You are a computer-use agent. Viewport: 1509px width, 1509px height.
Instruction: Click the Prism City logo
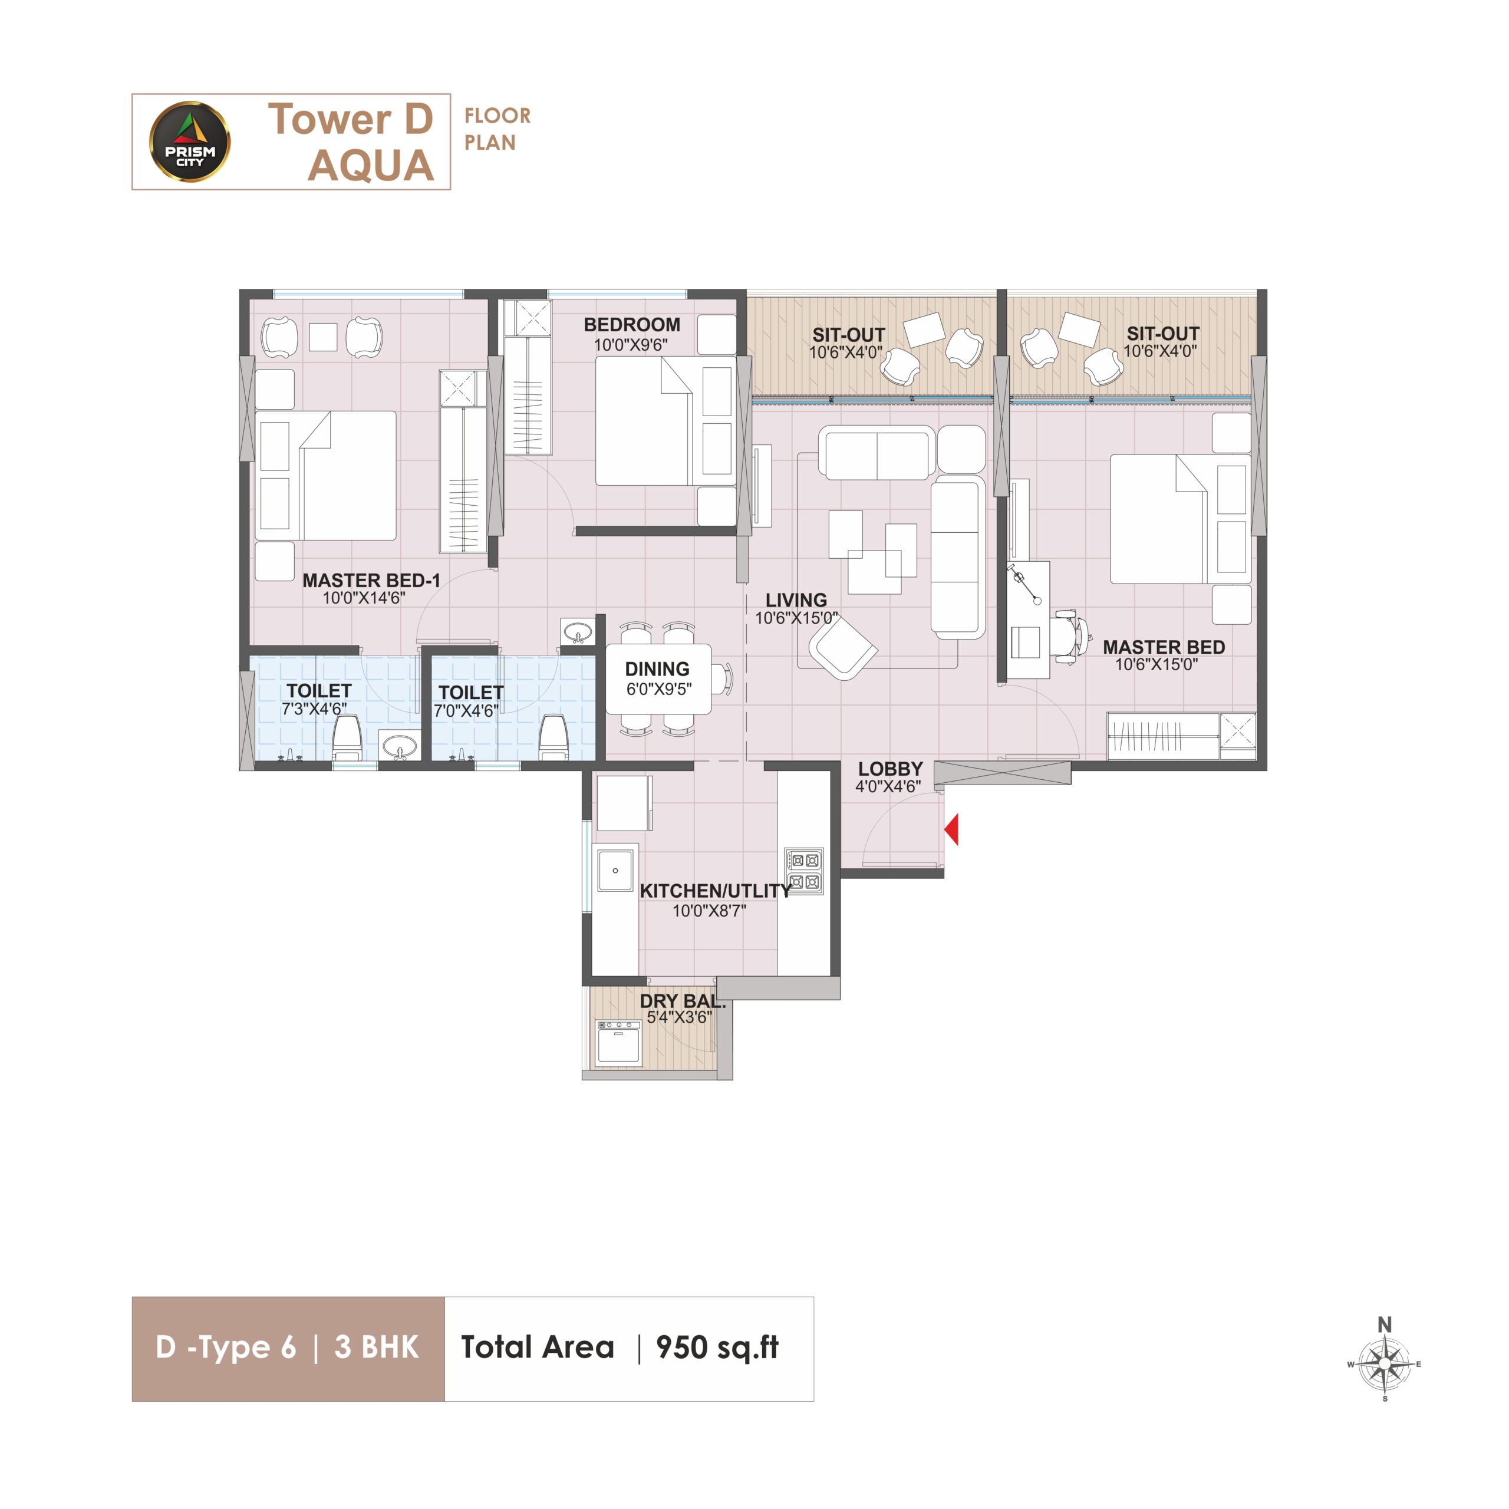[190, 142]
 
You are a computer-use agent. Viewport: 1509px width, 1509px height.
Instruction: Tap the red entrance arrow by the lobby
[951, 829]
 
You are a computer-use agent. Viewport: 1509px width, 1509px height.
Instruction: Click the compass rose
[1385, 1364]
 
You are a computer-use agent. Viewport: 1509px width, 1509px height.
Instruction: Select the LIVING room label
[796, 600]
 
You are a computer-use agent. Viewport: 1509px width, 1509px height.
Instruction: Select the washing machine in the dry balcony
[618, 1043]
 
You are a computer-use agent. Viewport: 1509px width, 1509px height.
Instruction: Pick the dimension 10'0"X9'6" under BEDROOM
[631, 344]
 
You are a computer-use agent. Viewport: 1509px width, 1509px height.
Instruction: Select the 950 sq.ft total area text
[717, 1347]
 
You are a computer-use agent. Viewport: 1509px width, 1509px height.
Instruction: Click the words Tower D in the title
[350, 120]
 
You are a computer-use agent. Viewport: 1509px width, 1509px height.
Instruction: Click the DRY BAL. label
[683, 1001]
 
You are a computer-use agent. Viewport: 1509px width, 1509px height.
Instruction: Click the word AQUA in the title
[371, 166]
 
